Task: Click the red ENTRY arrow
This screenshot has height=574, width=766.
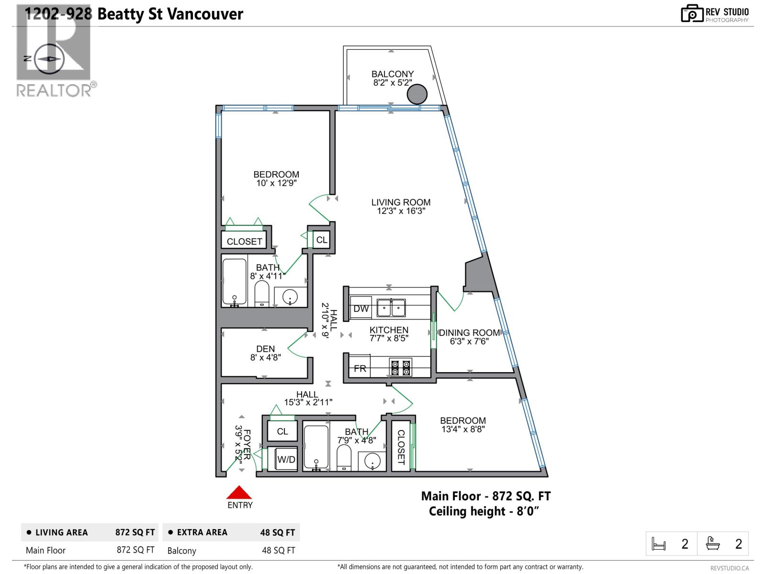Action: click(239, 493)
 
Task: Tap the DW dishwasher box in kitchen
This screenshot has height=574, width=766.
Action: click(361, 309)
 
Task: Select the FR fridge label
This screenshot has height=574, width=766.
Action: click(360, 368)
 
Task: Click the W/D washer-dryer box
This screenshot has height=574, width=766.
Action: click(286, 459)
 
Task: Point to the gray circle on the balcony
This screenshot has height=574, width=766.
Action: click(417, 94)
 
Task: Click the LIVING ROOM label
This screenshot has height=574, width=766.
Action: click(401, 202)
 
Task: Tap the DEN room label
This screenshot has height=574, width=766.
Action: click(265, 349)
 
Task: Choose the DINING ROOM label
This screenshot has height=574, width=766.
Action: click(469, 332)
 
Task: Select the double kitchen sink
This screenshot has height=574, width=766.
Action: click(391, 308)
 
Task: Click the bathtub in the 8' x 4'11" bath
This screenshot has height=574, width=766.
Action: click(235, 282)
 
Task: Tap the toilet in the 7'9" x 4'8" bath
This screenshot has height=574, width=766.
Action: click(344, 458)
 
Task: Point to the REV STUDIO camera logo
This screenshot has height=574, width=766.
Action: click(692, 13)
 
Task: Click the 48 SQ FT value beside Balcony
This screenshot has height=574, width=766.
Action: click(278, 551)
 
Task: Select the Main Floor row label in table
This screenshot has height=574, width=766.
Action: click(45, 550)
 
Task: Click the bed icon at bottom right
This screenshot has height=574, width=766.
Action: click(659, 544)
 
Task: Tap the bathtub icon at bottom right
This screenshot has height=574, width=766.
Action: click(713, 544)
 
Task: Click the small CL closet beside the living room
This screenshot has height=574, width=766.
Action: click(322, 240)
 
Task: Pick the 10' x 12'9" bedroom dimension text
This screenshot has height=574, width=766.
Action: click(276, 183)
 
